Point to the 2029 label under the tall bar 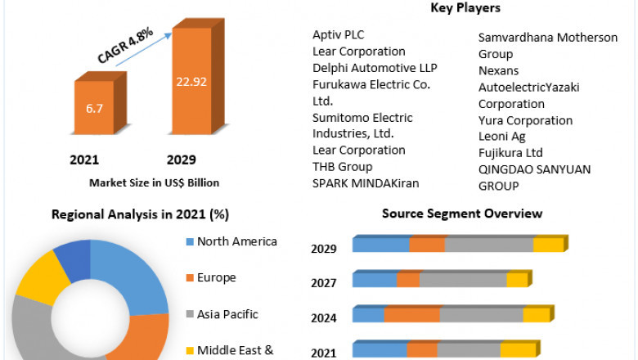click(181, 159)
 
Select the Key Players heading click(465, 8)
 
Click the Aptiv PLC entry click(338, 34)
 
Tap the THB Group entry click(342, 166)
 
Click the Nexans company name click(498, 70)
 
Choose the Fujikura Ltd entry click(510, 153)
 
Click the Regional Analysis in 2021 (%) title click(140, 214)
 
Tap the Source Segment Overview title click(462, 214)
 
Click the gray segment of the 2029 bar click(488, 245)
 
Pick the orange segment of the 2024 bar click(411, 315)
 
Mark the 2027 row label click(323, 283)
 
